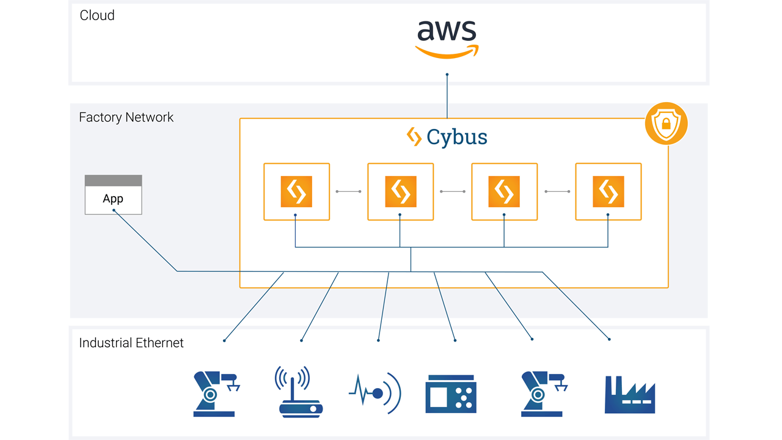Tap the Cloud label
[97, 15]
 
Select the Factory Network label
[126, 117]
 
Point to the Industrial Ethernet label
[131, 343]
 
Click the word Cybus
[456, 137]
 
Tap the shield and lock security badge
[667, 123]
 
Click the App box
[113, 195]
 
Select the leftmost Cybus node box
[296, 191]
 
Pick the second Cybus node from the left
[400, 191]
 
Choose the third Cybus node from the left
[504, 191]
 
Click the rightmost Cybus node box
[608, 191]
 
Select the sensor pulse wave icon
[375, 394]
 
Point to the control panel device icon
[450, 394]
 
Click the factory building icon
[629, 395]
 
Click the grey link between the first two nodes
[348, 191]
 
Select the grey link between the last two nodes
[557, 191]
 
